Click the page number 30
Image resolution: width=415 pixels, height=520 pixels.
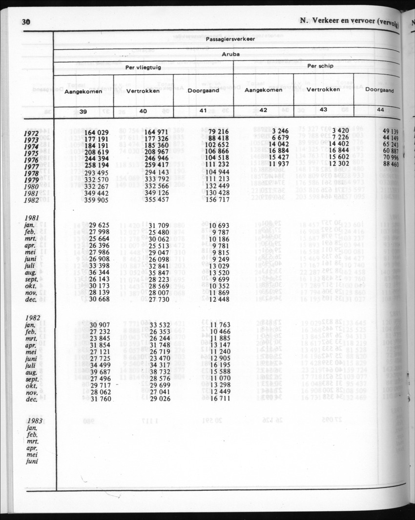(26, 22)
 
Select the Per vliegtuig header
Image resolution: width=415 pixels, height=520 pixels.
(143, 68)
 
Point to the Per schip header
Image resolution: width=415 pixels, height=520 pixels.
(320, 66)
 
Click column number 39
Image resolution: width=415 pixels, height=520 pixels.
(83, 112)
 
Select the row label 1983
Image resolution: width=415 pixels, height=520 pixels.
(35, 420)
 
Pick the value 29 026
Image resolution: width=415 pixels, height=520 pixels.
(159, 399)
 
